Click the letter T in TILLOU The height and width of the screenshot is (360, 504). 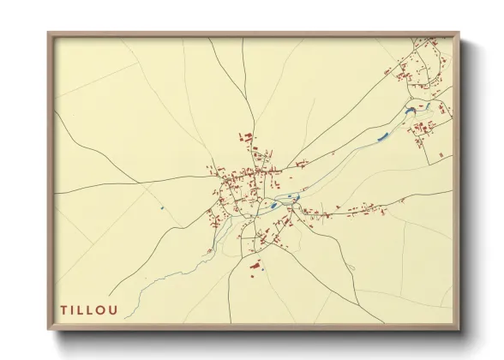(63, 309)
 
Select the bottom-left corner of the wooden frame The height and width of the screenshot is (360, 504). (49, 330)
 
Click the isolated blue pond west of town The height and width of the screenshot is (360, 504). (161, 208)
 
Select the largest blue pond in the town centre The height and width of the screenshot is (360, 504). (273, 205)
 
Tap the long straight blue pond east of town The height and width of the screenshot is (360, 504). (382, 135)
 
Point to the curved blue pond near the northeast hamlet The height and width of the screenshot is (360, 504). (410, 110)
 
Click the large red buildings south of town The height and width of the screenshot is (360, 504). (255, 266)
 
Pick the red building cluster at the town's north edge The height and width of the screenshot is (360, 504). (246, 136)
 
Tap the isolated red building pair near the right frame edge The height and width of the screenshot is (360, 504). (442, 153)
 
